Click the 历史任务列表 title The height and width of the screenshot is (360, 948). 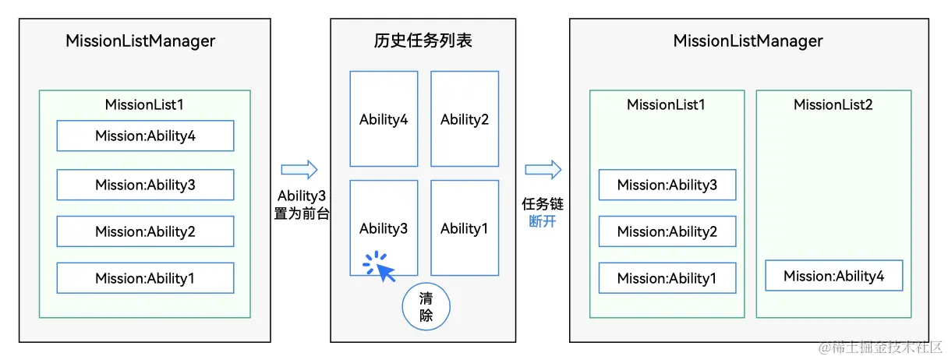point(423,41)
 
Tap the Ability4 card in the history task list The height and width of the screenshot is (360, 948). point(384,119)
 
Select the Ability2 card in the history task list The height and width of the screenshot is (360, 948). point(465,119)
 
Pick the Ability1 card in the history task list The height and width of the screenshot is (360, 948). point(465,228)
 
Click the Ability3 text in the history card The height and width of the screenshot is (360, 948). point(384,228)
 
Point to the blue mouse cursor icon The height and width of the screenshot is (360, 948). point(384,270)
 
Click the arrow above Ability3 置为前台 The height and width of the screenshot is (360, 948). point(299,170)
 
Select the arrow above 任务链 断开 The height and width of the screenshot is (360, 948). point(543,170)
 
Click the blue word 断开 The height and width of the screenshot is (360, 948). point(543,221)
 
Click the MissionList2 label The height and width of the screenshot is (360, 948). point(833,104)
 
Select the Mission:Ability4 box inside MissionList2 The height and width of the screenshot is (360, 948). point(833,276)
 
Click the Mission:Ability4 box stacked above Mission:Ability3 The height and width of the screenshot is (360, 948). point(145,136)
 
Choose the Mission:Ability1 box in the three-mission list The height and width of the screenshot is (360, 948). point(667,278)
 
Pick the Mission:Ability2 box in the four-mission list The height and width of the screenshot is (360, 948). point(145,231)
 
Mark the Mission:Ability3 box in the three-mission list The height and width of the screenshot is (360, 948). point(667,185)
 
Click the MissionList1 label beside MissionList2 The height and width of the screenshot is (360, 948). point(666,104)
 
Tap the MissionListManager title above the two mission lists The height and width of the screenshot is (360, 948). point(748,41)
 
